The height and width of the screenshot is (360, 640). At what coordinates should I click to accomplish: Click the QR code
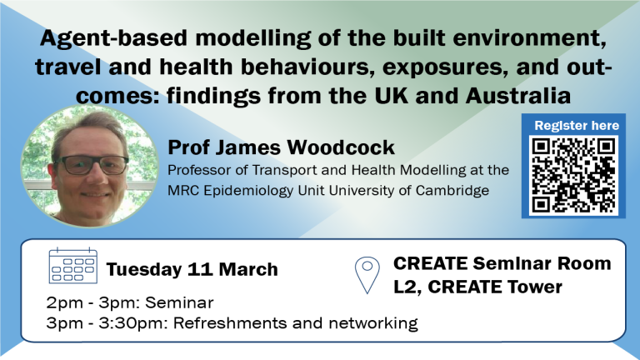pos(573,175)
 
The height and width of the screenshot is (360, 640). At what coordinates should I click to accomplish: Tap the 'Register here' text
pos(577,125)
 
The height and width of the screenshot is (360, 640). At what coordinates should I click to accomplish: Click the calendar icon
pos(73,265)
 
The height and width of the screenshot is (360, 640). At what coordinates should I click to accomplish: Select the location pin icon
pos(367,275)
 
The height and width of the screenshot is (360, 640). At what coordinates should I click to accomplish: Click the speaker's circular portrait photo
pos(90,166)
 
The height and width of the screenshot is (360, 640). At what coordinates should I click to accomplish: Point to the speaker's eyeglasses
pos(91,165)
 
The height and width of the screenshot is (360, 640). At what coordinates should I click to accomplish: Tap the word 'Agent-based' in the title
pos(113,39)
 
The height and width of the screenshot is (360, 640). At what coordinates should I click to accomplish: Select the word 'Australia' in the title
pos(518,96)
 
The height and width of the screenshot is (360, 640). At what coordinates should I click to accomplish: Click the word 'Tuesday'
pos(143,270)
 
